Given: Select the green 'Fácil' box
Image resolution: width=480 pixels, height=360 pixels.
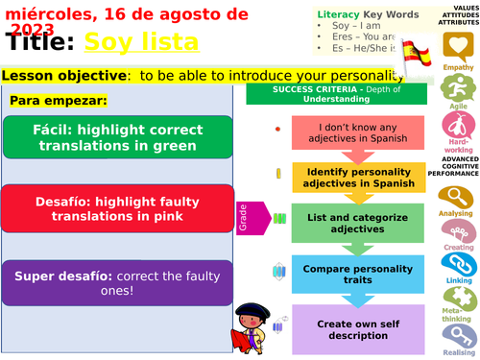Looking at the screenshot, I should coord(117,136).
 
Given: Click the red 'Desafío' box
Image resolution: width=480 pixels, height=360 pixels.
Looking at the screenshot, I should coord(117,207).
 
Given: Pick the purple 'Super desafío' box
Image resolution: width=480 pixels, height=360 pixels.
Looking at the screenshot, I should coord(117,282).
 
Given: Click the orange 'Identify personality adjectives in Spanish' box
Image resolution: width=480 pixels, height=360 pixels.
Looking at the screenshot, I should coord(353,176).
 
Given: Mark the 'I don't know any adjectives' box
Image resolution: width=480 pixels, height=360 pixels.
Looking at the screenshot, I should coord(353,132).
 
